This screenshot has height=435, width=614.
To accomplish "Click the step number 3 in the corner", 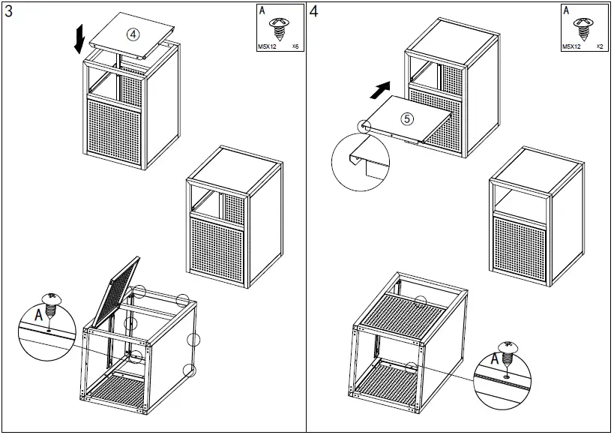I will point(9,11).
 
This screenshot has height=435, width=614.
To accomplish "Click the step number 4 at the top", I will point(313,11).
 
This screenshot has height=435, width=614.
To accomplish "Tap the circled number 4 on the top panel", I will point(133,34).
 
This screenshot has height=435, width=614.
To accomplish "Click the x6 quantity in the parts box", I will point(295,46).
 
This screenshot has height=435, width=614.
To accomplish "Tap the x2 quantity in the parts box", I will point(600,46).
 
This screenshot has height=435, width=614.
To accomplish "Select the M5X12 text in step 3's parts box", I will point(268,46).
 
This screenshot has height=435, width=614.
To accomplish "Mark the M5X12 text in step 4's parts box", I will point(572,46).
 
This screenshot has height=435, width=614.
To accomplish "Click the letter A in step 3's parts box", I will point(262,11).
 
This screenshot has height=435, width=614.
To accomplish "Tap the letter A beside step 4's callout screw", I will point(495,359).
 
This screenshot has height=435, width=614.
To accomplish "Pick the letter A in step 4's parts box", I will point(566,11).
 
